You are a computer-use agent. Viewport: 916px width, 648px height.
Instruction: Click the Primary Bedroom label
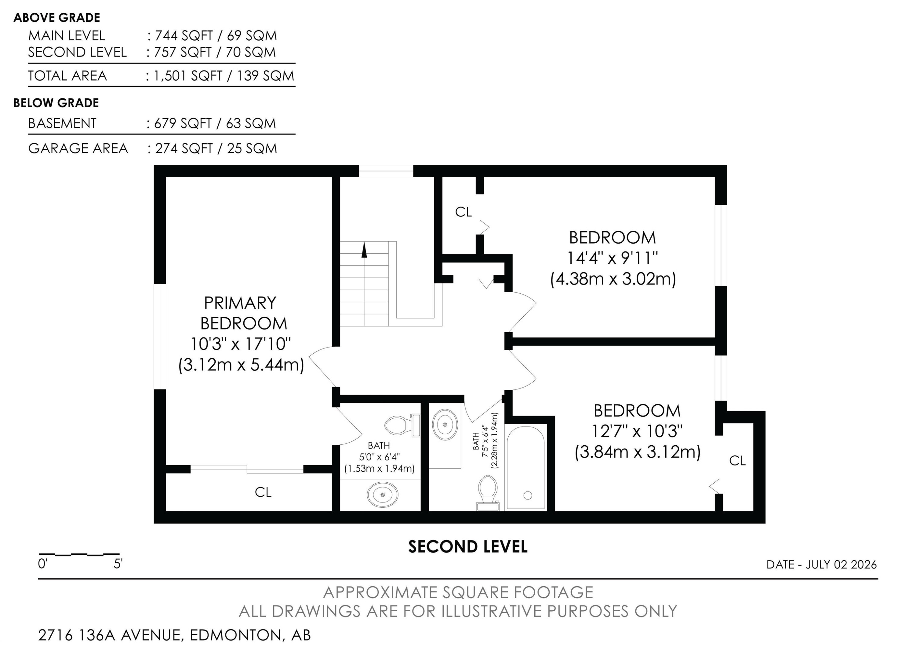[x=243, y=313]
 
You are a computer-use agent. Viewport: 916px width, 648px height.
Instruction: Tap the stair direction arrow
[x=364, y=250]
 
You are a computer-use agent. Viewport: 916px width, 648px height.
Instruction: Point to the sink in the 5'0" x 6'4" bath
[x=382, y=495]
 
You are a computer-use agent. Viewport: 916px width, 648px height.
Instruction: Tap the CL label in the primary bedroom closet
[x=263, y=492]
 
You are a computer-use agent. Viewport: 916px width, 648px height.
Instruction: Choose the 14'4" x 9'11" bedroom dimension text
[x=612, y=258]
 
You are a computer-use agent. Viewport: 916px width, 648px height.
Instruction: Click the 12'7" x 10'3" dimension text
[x=637, y=431]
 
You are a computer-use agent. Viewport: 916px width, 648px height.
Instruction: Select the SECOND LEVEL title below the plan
[x=467, y=547]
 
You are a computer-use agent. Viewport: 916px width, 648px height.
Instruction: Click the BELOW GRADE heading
[x=56, y=103]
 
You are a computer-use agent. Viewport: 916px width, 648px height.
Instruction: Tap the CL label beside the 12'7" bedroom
[x=737, y=461]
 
